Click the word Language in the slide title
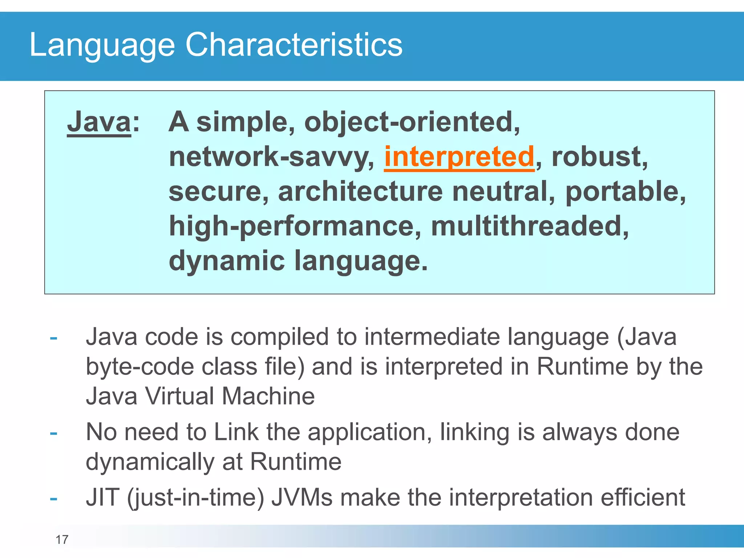pyautogui.click(x=102, y=45)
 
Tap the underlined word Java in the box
pyautogui.click(x=99, y=122)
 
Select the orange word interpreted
pyautogui.click(x=459, y=157)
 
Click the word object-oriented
pyautogui.click(x=412, y=122)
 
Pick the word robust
pyautogui.click(x=599, y=157)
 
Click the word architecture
pyautogui.click(x=360, y=191)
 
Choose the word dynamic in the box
pyautogui.click(x=227, y=261)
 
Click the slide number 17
pyautogui.click(x=62, y=540)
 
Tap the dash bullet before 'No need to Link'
pyautogui.click(x=54, y=433)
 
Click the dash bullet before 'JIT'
pyautogui.click(x=54, y=498)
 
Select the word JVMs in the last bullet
pyautogui.click(x=302, y=497)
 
